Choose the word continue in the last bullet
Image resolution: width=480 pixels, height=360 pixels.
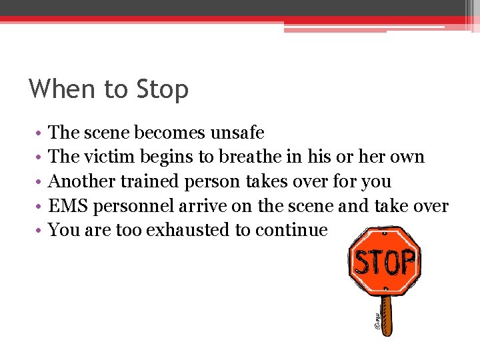[298, 231]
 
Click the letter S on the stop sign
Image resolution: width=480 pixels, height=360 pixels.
[361, 263]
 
